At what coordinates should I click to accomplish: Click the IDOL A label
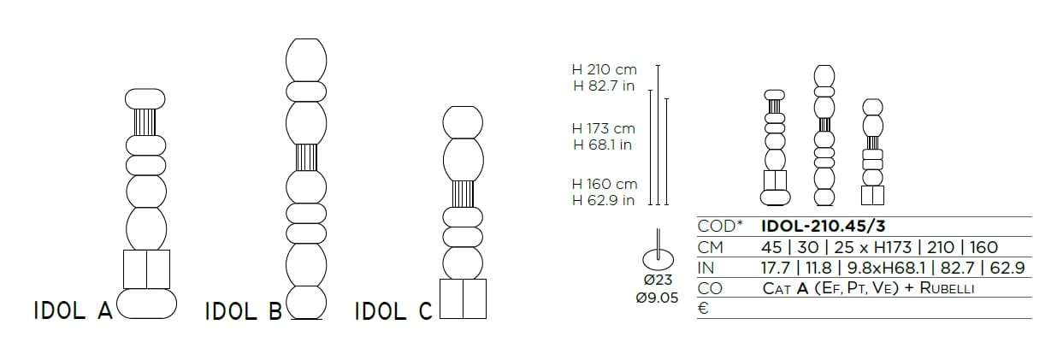[73, 311]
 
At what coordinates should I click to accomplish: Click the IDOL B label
[243, 312]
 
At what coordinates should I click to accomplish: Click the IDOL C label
[393, 312]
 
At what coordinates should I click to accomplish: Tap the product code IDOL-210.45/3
[825, 227]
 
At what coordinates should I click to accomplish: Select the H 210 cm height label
[605, 70]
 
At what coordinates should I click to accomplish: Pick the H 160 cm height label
[605, 184]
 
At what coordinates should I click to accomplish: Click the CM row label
[711, 247]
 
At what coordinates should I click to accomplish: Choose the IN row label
[706, 268]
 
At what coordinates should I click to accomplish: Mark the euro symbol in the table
[703, 309]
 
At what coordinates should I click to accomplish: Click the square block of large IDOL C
[463, 298]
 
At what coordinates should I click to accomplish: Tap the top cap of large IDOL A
[145, 98]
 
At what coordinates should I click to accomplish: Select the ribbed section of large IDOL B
[305, 157]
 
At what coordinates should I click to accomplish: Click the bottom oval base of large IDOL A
[146, 304]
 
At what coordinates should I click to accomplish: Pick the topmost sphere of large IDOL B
[305, 59]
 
